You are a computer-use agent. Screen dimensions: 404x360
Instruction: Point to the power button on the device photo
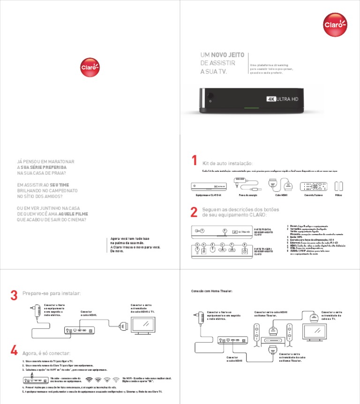(x=210, y=100)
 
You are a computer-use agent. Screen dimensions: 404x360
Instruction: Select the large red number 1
(x=194, y=161)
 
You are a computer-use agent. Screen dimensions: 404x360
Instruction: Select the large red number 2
(x=194, y=212)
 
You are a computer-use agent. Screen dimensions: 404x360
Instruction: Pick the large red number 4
(x=14, y=351)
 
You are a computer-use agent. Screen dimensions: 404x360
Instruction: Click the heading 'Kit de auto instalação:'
(x=227, y=163)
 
